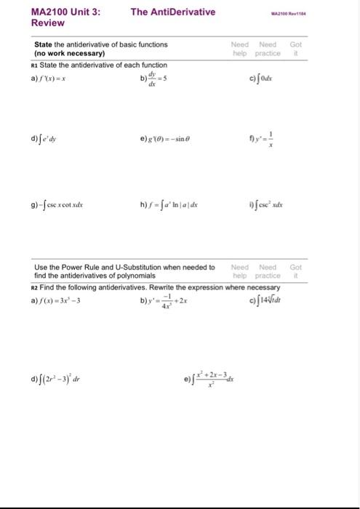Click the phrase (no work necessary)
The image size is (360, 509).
pos(69,54)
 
